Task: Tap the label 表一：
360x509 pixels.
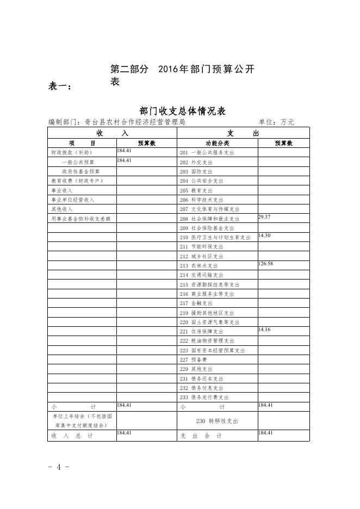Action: [x=60, y=86]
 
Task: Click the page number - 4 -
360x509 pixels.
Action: [x=59, y=468]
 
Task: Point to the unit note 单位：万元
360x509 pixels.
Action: [x=276, y=122]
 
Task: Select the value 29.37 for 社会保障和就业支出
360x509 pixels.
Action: [x=264, y=217]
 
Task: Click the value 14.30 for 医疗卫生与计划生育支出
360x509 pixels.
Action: [x=264, y=235]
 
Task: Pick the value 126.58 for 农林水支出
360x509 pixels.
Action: [x=266, y=264]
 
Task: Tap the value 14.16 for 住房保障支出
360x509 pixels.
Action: [x=264, y=330]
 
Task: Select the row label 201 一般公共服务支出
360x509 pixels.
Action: [x=207, y=153]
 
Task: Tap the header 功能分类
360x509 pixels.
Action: [x=217, y=143]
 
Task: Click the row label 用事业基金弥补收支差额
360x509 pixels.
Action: [x=81, y=219]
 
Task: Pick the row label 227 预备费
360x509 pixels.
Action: [x=193, y=360]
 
